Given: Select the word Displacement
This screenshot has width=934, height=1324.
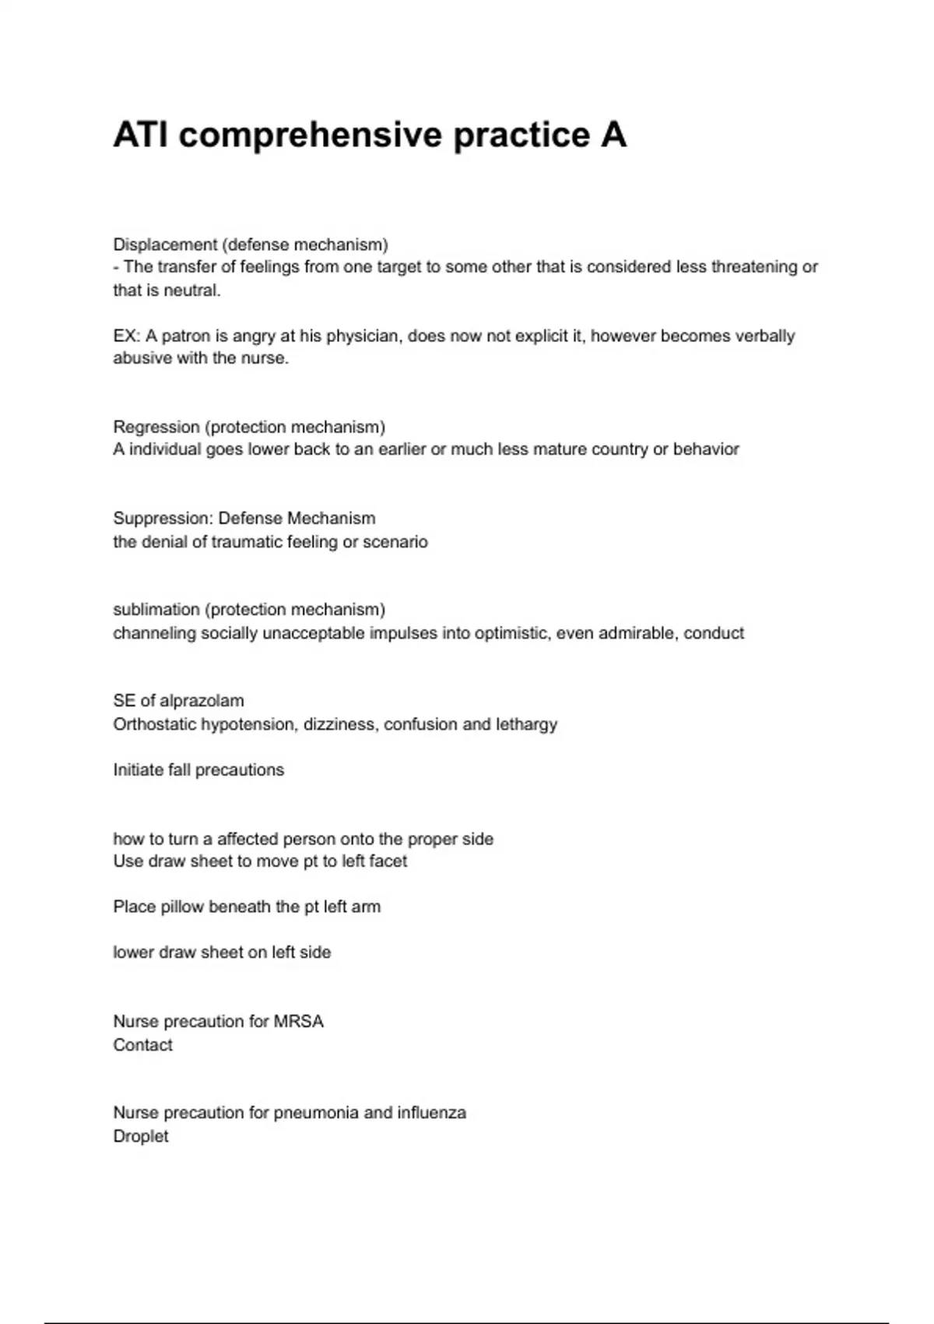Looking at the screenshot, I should (165, 245).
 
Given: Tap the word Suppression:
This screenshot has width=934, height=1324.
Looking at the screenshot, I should (163, 518).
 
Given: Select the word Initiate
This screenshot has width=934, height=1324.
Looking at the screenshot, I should (138, 769).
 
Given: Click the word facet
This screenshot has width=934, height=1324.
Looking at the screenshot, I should (388, 861).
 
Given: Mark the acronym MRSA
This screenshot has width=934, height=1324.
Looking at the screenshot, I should (298, 1021).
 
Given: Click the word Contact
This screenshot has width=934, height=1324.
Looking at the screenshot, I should (142, 1044).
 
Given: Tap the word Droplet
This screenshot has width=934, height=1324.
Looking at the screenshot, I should (140, 1136).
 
